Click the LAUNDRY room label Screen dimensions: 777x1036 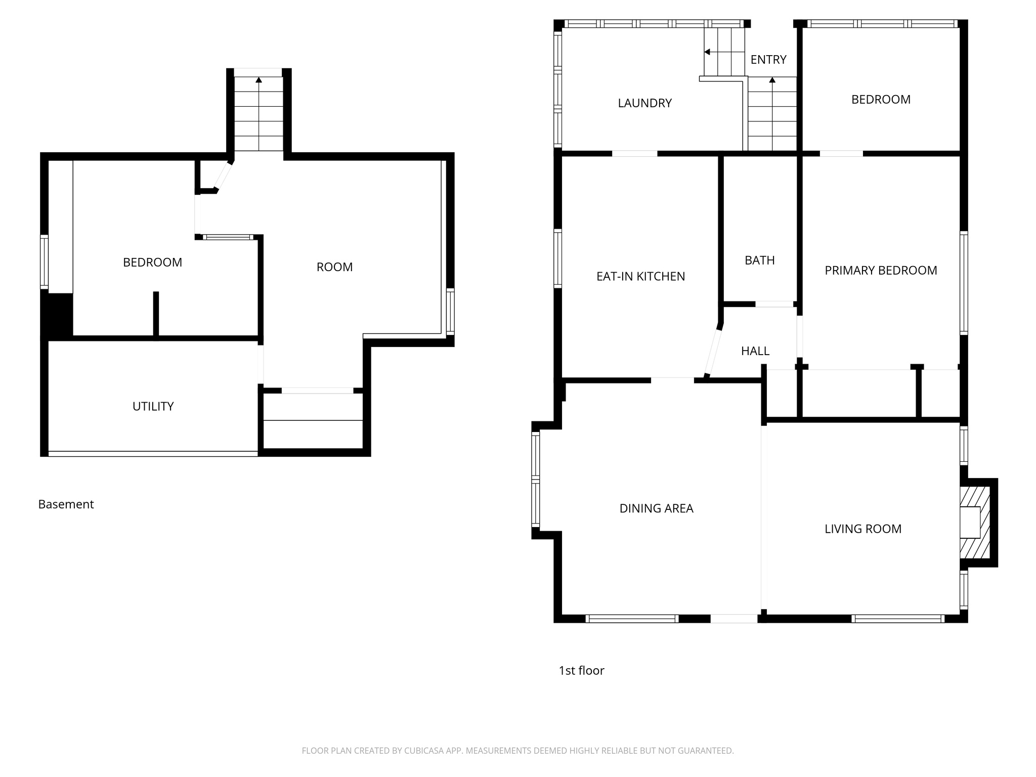644,103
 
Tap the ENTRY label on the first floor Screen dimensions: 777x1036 768,60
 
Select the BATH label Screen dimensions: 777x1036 759,261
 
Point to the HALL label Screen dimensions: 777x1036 755,351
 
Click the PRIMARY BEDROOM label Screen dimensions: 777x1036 880,271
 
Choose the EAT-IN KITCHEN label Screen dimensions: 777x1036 640,277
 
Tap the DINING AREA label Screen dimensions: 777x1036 656,509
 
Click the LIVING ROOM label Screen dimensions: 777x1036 862,529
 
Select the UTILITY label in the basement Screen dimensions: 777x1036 153,407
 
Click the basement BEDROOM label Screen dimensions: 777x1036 152,263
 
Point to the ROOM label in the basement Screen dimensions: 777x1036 334,267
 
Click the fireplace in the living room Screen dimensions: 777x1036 974,522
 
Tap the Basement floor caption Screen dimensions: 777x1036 66,504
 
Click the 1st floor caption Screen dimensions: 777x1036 581,671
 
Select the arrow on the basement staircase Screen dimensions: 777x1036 258,80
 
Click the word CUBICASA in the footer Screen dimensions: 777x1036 424,751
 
